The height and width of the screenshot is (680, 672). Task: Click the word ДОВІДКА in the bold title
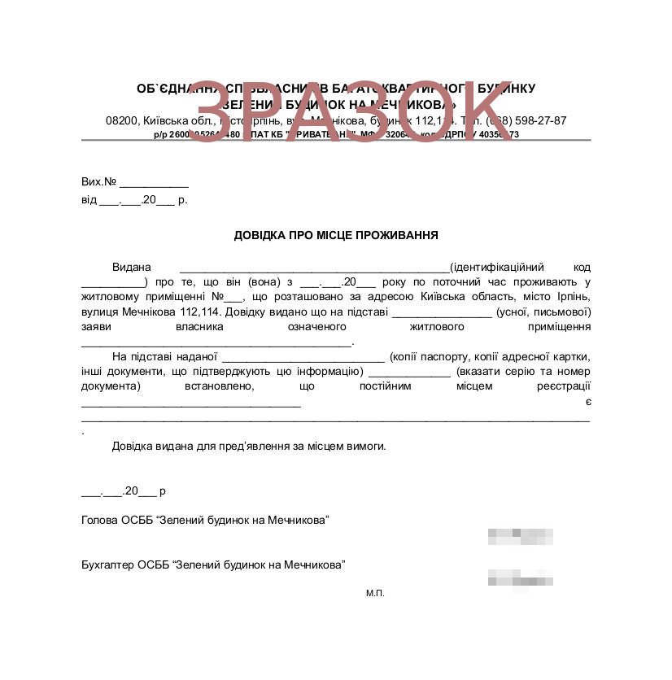point(260,236)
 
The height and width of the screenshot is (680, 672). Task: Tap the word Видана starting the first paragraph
point(132,268)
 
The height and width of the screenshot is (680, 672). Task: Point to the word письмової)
point(561,312)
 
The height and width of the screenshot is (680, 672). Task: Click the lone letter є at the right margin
point(587,401)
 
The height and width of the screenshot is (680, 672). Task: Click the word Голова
point(99,520)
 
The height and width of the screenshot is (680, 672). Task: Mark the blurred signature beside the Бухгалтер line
point(521,580)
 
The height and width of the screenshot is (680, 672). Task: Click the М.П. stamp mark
point(375,593)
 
